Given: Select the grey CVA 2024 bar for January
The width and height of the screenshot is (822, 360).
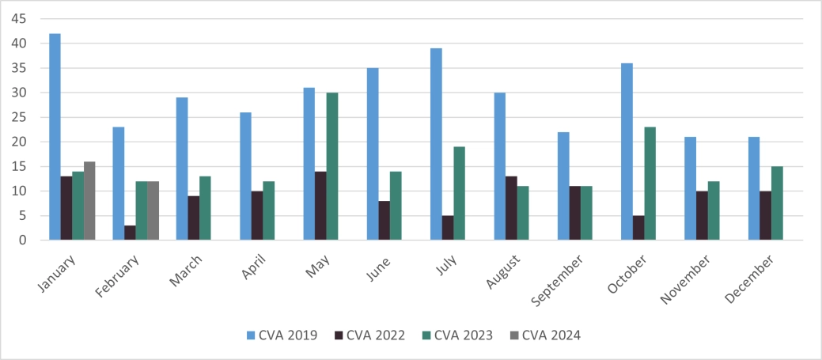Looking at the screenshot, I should [x=89, y=201].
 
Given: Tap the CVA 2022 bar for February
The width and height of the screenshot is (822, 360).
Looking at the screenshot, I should [x=130, y=233].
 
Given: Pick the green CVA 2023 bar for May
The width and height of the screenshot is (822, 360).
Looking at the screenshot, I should [x=332, y=166].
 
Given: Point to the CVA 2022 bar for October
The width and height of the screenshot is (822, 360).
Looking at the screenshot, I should [x=638, y=228].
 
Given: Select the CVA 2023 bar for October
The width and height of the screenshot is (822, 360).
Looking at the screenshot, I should [x=650, y=184].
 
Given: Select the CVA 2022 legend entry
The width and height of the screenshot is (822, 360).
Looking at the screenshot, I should [x=371, y=335].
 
